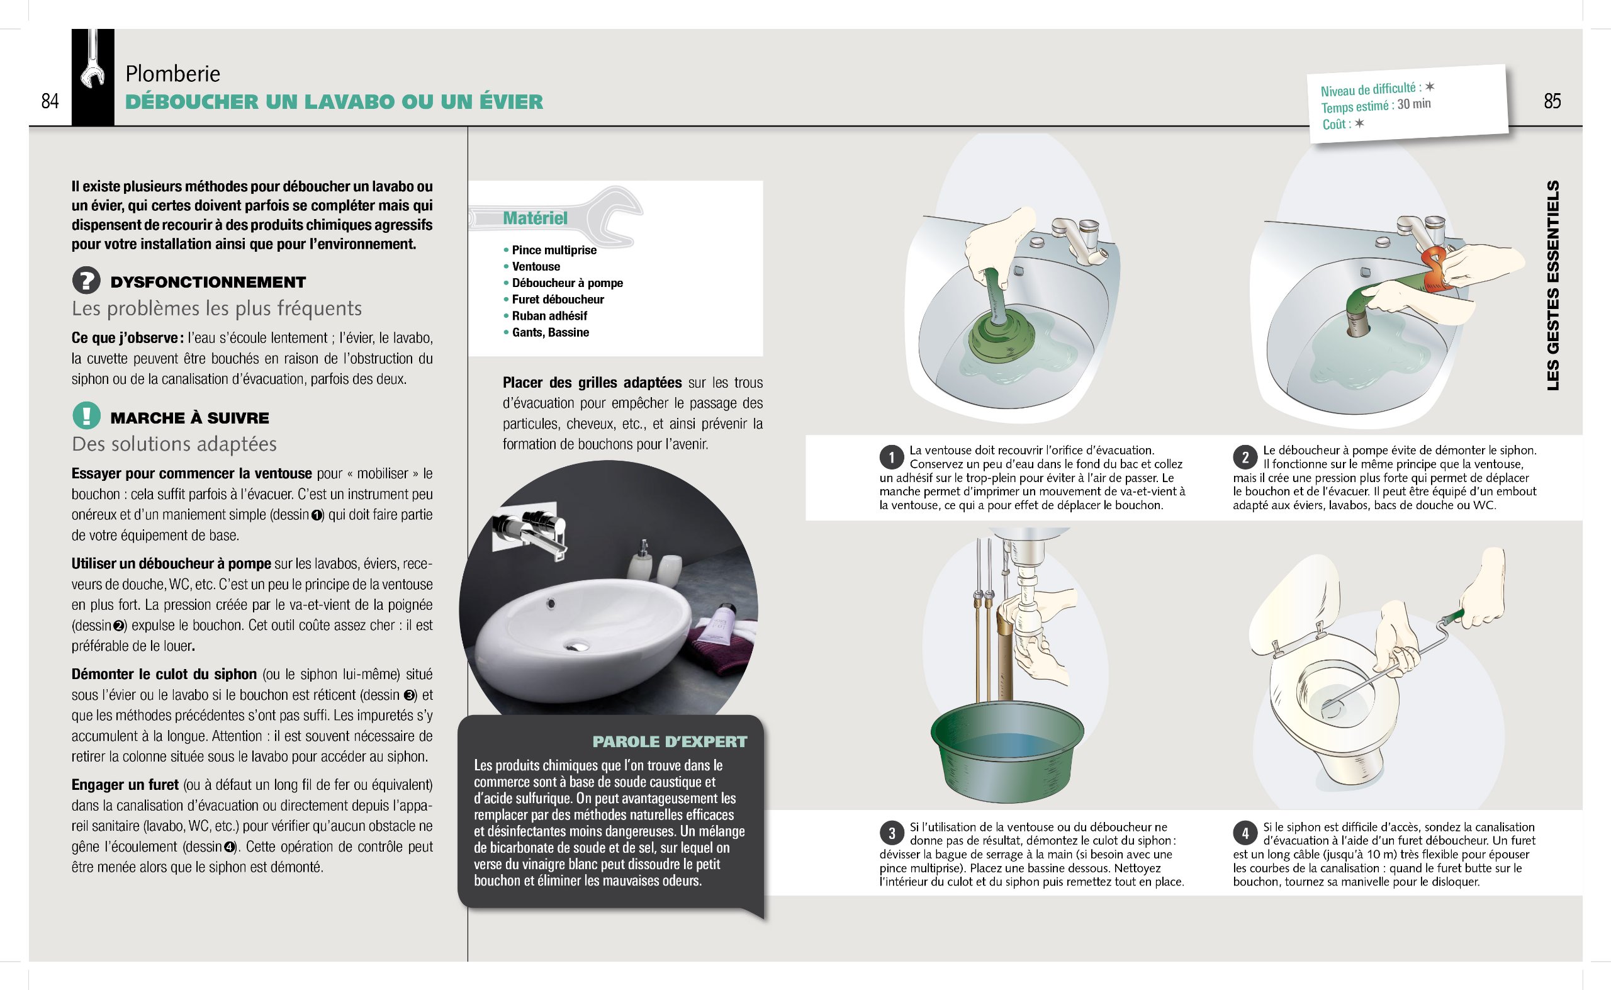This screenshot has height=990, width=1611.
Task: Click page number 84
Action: [x=50, y=101]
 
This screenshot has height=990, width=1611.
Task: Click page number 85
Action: [x=1552, y=101]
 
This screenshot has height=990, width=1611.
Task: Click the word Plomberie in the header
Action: [x=173, y=74]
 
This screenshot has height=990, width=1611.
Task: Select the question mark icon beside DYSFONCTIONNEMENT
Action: [x=86, y=281]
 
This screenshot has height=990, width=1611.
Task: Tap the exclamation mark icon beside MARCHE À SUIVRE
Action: [x=86, y=416]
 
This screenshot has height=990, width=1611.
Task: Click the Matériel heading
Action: [x=535, y=218]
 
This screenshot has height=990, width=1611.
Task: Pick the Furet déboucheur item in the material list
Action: [x=558, y=299]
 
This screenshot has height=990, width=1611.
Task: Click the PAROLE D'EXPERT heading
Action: [x=669, y=742]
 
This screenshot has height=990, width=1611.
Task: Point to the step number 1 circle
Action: [x=891, y=456]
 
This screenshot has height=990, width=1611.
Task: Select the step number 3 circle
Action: [x=891, y=833]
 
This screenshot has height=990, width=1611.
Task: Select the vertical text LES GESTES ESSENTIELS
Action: [x=1552, y=286]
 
